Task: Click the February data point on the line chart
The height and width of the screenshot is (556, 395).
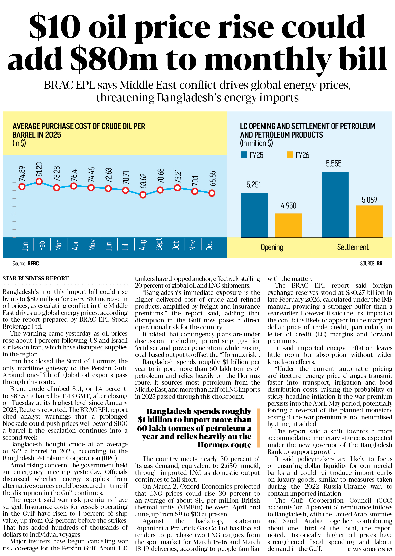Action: click(39, 181)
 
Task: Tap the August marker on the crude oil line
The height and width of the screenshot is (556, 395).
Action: click(143, 195)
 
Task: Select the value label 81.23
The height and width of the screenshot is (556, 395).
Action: click(39, 169)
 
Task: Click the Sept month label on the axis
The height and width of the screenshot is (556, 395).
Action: click(159, 244)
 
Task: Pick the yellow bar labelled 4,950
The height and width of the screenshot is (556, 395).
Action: click(288, 225)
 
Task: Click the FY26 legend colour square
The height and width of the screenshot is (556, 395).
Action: click(290, 155)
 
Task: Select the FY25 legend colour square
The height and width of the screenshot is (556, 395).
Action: click(244, 155)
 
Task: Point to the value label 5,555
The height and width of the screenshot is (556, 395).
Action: click(334, 164)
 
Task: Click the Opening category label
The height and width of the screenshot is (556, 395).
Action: click(272, 247)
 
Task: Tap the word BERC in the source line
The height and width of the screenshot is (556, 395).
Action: click(33, 264)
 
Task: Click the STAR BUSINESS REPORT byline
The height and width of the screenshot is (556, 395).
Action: click(35, 278)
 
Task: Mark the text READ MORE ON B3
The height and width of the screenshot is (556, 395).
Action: click(370, 550)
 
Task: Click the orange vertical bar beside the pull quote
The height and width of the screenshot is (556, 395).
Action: click(258, 428)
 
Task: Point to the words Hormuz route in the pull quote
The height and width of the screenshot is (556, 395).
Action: click(224, 445)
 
